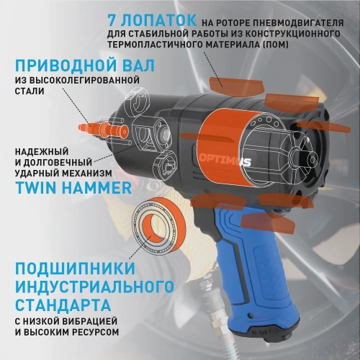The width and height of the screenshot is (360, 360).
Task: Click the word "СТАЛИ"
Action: (x=30, y=91)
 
